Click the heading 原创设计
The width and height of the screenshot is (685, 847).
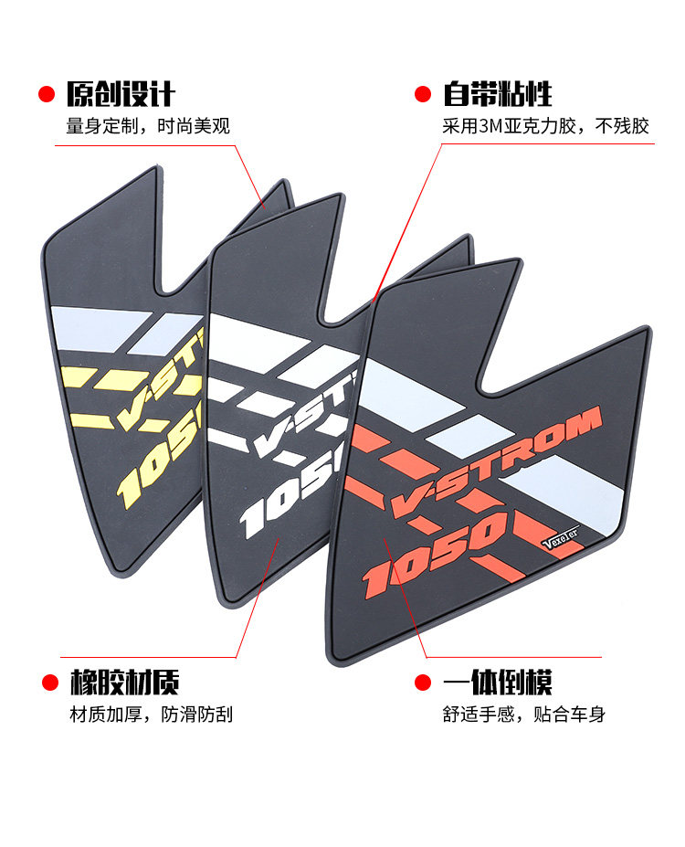pyautogui.click(x=120, y=93)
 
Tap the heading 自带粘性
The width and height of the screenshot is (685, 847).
pyautogui.click(x=498, y=93)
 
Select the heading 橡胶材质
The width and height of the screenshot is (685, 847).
pyautogui.click(x=125, y=682)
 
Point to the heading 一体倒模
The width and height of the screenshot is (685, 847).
pyautogui.click(x=498, y=682)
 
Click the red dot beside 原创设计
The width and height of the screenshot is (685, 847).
pyautogui.click(x=44, y=93)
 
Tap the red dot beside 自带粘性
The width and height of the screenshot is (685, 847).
pyautogui.click(x=422, y=93)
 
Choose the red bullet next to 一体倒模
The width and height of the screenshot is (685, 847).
pyautogui.click(x=422, y=682)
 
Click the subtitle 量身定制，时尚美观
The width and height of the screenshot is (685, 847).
pyautogui.click(x=147, y=125)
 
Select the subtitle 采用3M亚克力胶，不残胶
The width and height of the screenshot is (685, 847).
pyautogui.click(x=545, y=125)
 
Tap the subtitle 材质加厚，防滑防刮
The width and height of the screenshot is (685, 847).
pyautogui.click(x=152, y=714)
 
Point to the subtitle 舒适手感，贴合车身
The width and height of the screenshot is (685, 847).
pyautogui.click(x=524, y=714)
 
